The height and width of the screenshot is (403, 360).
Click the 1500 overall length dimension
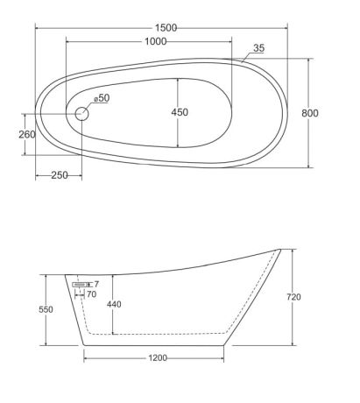pos(166,28)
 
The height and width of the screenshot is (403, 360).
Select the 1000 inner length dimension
pos(156,42)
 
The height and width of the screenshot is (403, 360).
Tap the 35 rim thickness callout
pos(258,48)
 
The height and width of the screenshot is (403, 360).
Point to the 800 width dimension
pos(310,113)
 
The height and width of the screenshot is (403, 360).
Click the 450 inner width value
pos(180,112)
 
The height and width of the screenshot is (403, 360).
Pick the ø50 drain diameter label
pos(102,98)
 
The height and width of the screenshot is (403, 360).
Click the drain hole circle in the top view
pos(81,114)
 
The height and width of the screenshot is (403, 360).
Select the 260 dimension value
pos(27,135)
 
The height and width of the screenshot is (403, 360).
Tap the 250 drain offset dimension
pos(60,175)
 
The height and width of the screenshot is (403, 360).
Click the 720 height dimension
pos(293,297)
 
